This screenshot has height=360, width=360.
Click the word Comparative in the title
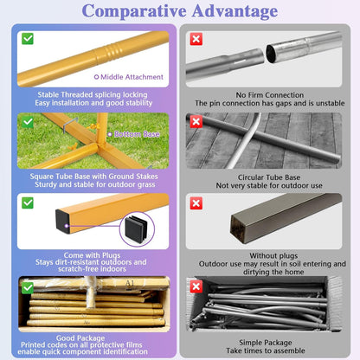(134, 11)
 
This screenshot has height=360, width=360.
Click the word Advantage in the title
(235, 11)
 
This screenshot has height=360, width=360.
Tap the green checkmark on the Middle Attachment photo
(28, 39)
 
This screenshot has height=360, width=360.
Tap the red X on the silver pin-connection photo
(196, 39)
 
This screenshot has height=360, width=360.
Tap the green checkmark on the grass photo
(28, 122)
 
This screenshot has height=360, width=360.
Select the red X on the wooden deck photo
(196, 122)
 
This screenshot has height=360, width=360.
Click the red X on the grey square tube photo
(196, 203)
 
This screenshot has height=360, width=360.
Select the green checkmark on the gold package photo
(28, 288)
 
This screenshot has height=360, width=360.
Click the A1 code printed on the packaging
(130, 284)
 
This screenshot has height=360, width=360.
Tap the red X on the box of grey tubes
(196, 286)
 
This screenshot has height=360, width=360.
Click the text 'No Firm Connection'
(270, 95)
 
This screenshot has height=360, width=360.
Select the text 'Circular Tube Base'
(269, 177)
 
